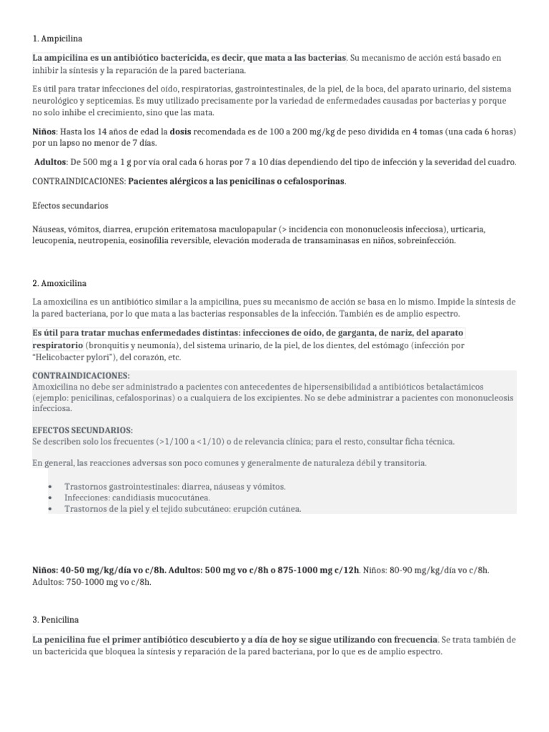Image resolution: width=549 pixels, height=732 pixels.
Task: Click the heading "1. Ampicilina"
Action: [61, 38]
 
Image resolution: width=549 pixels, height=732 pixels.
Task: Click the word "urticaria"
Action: [464, 229]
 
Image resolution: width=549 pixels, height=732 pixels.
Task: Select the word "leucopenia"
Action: [55, 241]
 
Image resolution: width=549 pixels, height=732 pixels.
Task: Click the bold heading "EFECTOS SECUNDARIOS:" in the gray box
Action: [83, 430]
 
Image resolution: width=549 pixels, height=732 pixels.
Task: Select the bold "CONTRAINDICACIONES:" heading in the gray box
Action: [81, 375]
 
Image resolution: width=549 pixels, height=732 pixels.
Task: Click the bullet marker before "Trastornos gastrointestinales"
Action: [50, 487]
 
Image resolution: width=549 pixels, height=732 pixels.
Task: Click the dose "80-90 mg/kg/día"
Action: [426, 570]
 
